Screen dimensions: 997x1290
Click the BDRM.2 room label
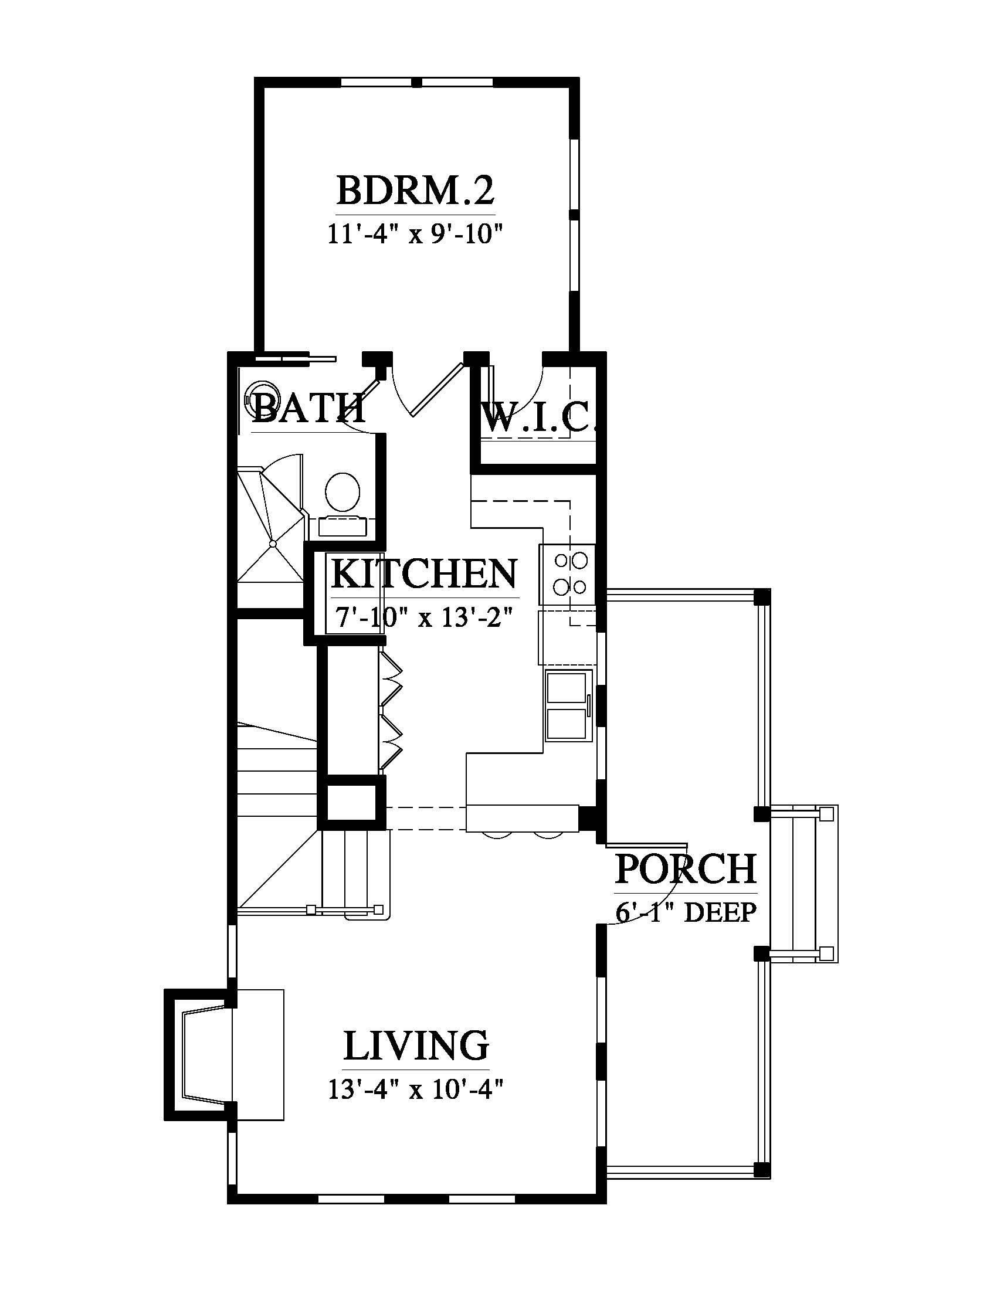(x=415, y=190)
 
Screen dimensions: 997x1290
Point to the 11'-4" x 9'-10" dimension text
(x=415, y=235)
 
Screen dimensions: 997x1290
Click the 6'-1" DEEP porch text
(x=686, y=913)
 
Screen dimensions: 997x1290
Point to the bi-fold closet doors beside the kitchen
(x=391, y=711)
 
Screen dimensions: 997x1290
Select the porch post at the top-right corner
(x=762, y=596)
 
